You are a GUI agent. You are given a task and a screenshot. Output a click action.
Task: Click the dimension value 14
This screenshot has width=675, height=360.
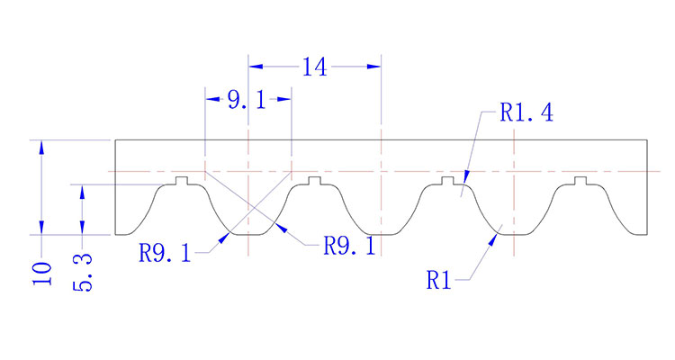pos(314,67)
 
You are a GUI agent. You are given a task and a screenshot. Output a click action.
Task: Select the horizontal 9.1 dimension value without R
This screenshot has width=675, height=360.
pos(246,101)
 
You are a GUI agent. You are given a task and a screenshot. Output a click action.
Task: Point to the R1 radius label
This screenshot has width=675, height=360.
pos(438,280)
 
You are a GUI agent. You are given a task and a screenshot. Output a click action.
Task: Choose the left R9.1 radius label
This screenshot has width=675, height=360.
pos(165,252)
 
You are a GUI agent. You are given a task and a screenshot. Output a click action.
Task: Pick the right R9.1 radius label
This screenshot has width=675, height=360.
pos(348,246)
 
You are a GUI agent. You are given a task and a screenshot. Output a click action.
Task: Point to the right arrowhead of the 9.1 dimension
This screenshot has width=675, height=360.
pos(285,100)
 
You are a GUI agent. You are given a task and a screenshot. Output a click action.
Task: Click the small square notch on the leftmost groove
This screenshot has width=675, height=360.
pos(182,181)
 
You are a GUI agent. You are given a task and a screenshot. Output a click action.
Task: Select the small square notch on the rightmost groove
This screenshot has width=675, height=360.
pos(579,181)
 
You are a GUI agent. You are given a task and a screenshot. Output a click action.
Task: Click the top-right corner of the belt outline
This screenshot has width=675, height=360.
pos(647,140)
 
